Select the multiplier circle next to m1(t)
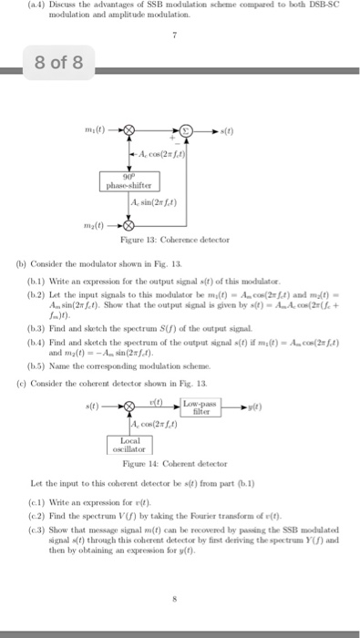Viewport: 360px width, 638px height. click(129, 129)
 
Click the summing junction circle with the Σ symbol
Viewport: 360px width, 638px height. click(187, 129)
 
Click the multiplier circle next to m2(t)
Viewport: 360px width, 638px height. click(129, 224)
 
